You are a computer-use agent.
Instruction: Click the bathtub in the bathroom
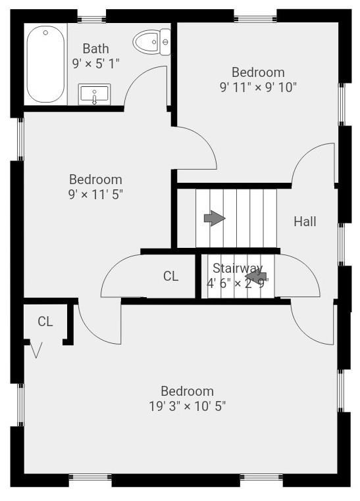45,64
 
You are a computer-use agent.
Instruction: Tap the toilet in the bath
151,42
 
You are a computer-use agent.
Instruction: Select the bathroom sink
94,94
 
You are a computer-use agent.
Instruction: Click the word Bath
95,49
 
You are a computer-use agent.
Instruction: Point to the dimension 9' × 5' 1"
95,64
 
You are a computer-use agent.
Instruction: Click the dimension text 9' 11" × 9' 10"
258,87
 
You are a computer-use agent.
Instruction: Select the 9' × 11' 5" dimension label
95,194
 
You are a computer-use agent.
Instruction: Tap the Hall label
305,222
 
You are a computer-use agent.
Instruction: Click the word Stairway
238,268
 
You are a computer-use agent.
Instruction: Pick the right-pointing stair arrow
215,218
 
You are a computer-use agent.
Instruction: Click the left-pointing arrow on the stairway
255,276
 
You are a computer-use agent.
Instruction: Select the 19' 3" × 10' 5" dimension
188,406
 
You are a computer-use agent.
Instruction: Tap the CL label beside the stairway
170,276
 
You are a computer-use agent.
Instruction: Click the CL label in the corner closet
45,322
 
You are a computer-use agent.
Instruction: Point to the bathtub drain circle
45,33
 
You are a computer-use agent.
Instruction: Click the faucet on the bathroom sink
94,99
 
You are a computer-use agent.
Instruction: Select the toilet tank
165,42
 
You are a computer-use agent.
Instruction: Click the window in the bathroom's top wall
91,19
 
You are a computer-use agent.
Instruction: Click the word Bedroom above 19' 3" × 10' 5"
188,391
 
